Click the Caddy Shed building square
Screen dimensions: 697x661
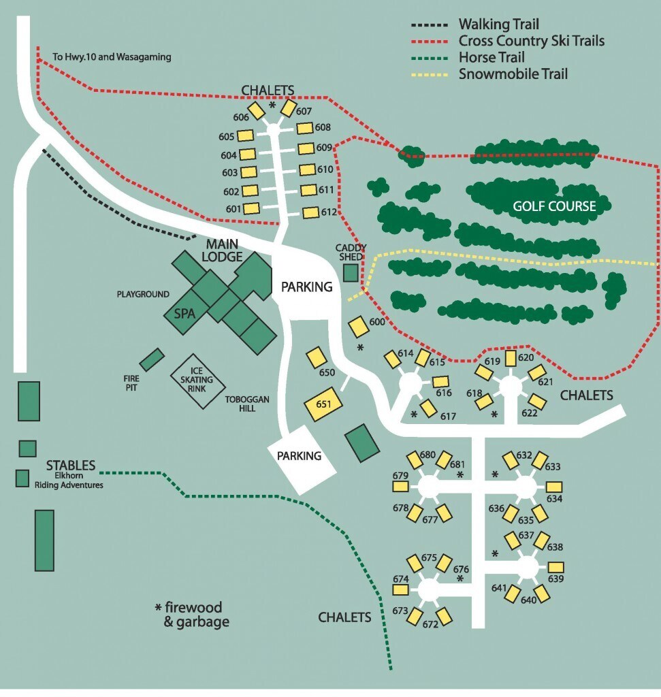click(351, 273)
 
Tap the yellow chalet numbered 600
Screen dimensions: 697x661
click(358, 326)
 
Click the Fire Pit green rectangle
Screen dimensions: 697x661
click(152, 359)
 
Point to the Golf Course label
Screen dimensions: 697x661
click(555, 206)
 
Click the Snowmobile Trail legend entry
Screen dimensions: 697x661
click(513, 74)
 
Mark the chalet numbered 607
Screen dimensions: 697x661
click(288, 108)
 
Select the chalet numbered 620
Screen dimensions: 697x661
click(510, 358)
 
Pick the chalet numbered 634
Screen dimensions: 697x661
click(555, 487)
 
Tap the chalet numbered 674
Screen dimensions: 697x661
click(401, 589)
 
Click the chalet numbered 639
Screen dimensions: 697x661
click(556, 567)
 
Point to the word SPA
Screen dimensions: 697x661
click(185, 314)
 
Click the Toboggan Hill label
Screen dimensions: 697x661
click(246, 401)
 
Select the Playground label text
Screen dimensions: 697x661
click(142, 295)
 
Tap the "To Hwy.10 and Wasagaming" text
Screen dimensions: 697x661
click(112, 58)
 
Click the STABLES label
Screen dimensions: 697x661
click(71, 466)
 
